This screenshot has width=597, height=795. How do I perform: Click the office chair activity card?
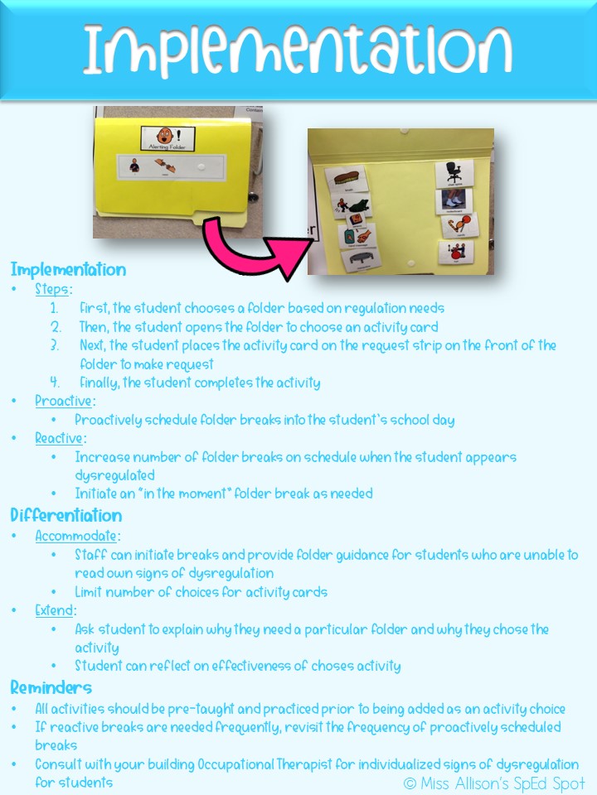coord(454,173)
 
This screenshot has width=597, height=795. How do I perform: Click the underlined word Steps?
coord(53,290)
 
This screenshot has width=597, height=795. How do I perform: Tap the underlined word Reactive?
coord(60,438)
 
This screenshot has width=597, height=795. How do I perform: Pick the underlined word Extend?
coord(55,610)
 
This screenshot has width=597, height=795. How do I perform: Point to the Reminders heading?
coord(51,687)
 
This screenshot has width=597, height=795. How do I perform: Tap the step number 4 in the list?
coord(55,383)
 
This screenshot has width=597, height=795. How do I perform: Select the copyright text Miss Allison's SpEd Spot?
coord(494,783)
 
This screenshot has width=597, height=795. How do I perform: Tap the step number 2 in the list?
coord(55,327)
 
